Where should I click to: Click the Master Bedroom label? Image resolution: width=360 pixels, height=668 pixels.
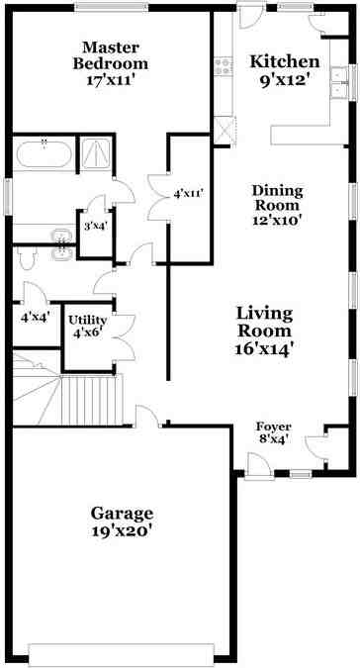[x=110, y=55]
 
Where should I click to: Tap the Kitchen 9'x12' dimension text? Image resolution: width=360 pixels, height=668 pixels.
[x=284, y=80]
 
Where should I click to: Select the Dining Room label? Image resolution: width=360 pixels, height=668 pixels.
[x=278, y=198]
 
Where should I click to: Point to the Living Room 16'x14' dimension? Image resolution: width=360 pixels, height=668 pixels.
[x=265, y=349]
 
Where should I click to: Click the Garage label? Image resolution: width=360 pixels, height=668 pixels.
[x=122, y=513]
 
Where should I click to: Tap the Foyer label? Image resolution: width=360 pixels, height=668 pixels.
[x=273, y=427]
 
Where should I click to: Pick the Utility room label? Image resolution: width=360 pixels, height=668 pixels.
[x=88, y=320]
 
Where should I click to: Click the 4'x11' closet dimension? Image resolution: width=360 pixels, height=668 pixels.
[x=187, y=194]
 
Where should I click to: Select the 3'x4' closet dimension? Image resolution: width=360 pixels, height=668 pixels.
[x=95, y=227]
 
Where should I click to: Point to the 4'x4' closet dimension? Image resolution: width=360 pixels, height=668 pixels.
[x=35, y=317]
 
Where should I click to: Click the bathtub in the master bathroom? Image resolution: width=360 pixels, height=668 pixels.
[x=44, y=153]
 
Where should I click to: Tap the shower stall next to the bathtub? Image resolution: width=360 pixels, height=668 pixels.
[x=96, y=153]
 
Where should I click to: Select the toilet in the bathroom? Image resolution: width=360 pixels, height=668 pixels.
[x=28, y=257]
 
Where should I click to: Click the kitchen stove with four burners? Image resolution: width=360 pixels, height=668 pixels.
[x=223, y=66]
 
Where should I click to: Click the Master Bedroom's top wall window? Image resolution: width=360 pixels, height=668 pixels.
[x=111, y=7]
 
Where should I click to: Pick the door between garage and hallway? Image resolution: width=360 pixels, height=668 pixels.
[x=147, y=416]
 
